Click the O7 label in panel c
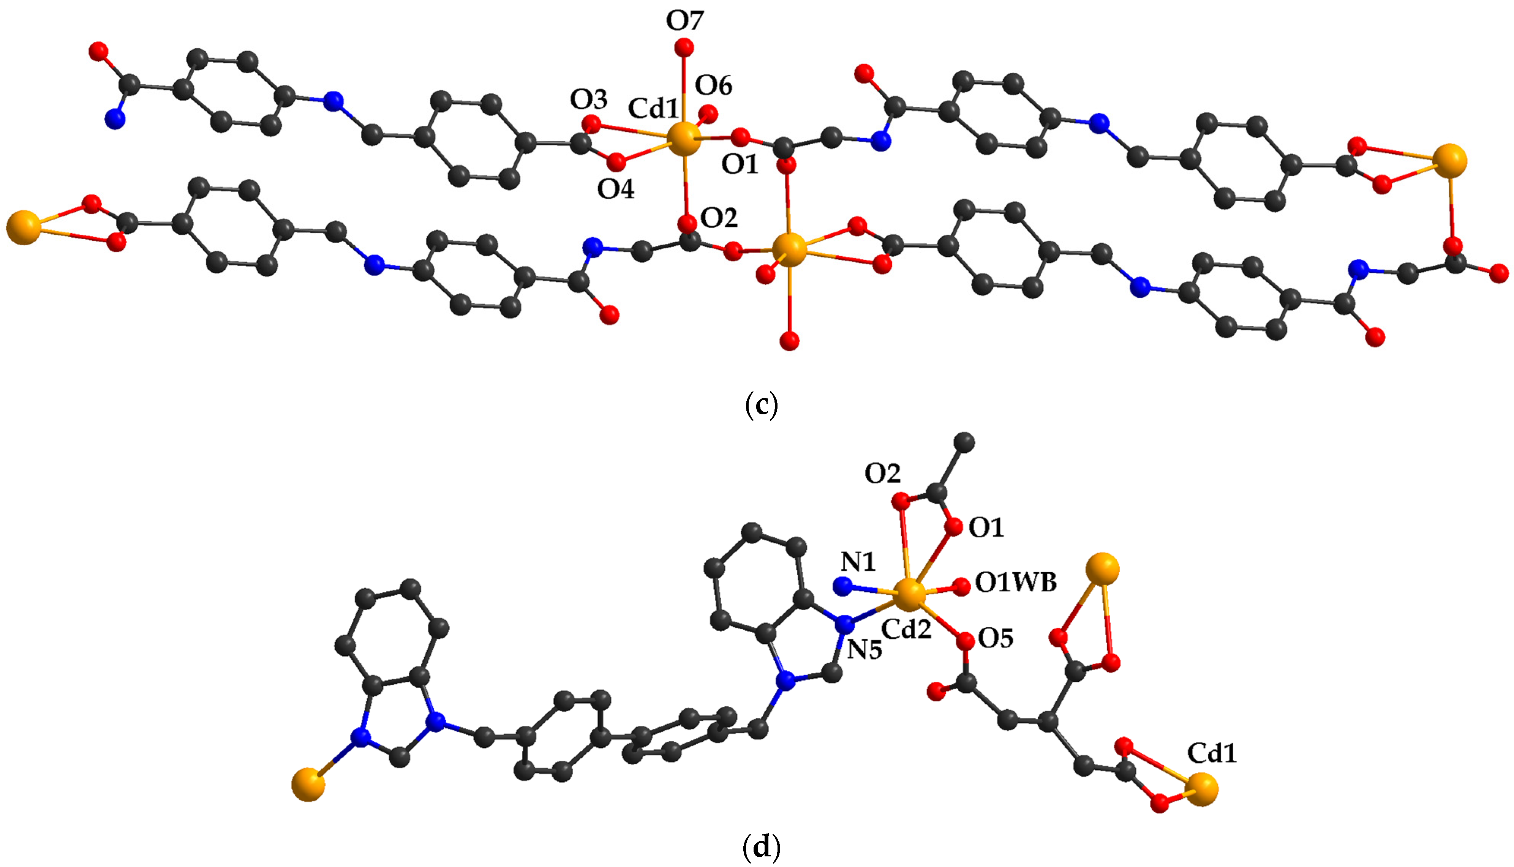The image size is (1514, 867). [x=685, y=21]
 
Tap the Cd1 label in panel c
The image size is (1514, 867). [x=653, y=109]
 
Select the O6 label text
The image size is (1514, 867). [x=714, y=86]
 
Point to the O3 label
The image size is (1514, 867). [x=588, y=100]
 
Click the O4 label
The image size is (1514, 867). [x=616, y=190]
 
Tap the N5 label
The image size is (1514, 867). [x=864, y=650]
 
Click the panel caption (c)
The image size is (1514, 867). [x=761, y=405]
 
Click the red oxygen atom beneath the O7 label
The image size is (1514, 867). [x=684, y=46]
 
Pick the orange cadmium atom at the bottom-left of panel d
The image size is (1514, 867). [x=308, y=785]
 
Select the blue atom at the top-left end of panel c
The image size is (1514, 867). [x=115, y=119]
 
